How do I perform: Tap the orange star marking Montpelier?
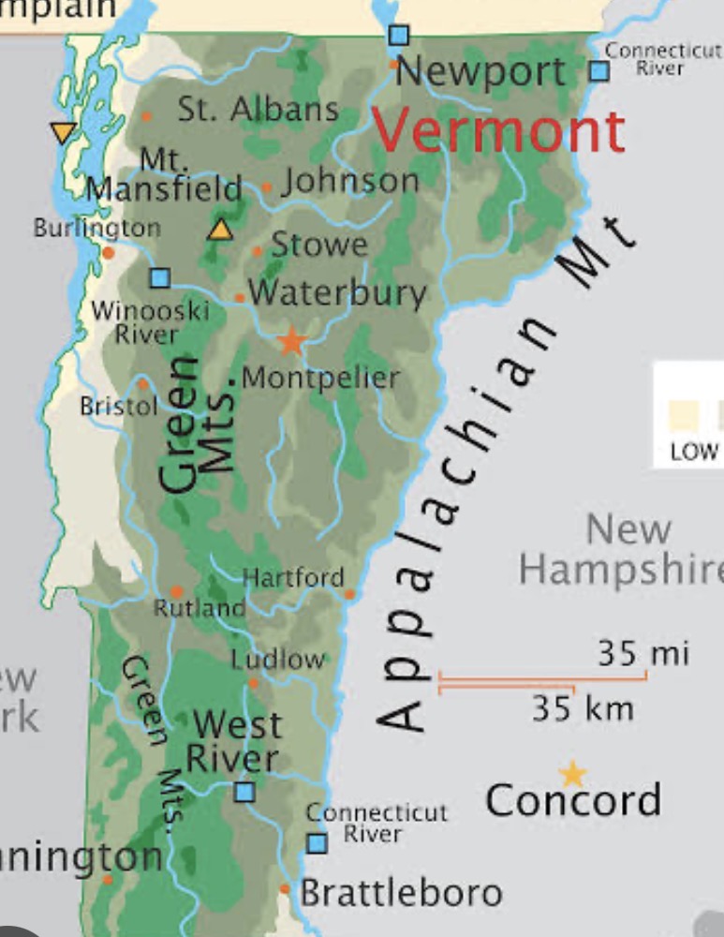click(292, 341)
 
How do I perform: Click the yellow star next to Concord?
click(572, 774)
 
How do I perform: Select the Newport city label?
click(480, 71)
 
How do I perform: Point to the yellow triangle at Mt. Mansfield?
click(221, 229)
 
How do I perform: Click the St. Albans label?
click(259, 110)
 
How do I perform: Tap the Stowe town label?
click(319, 245)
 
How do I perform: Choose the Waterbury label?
click(337, 293)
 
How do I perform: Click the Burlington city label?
click(97, 228)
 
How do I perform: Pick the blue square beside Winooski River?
click(160, 277)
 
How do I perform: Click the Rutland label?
click(199, 607)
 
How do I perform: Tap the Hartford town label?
click(293, 577)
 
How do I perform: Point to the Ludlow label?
click(278, 659)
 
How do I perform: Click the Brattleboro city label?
click(401, 893)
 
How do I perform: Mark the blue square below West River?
click(244, 792)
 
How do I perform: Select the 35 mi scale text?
click(643, 652)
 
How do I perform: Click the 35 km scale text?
click(583, 707)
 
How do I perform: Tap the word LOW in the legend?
click(694, 452)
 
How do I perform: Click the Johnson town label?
click(350, 181)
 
